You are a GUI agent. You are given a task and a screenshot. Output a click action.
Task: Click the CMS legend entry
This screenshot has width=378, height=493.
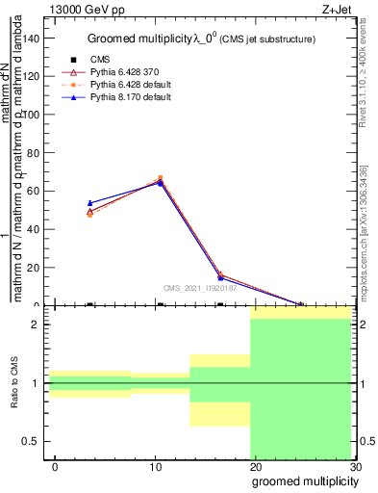click(87, 60)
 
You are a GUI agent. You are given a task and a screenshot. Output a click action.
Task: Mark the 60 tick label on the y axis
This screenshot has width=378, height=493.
click(37, 191)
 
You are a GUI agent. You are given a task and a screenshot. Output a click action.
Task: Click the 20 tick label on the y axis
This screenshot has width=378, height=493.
click(37, 268)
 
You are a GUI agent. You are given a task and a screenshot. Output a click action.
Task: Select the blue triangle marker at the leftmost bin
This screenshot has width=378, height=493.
click(89, 203)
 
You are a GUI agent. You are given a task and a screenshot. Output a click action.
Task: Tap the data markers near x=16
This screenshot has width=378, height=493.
click(220, 276)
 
